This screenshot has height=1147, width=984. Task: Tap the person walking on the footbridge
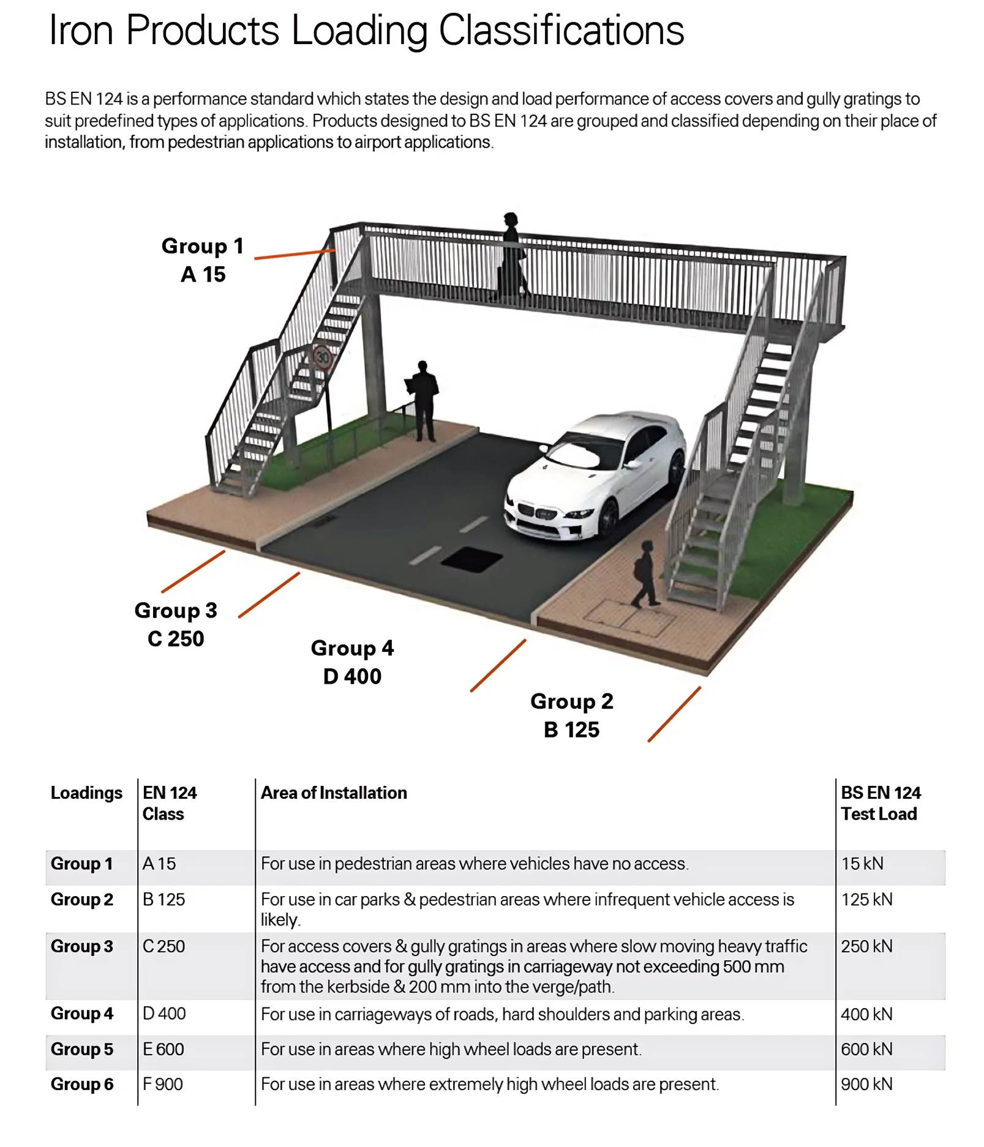(x=511, y=257)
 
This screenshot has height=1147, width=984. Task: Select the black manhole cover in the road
(x=471, y=559)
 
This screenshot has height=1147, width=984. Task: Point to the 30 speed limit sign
(x=322, y=356)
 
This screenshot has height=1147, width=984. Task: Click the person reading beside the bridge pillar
(x=423, y=401)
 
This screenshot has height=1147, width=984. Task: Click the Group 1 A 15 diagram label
(x=203, y=260)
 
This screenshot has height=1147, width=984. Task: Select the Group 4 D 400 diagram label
(x=352, y=662)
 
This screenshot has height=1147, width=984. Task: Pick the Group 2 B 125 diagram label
(x=571, y=715)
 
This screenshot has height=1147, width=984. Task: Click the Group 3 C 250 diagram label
(x=176, y=624)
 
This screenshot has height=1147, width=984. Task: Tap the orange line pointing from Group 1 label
(x=294, y=254)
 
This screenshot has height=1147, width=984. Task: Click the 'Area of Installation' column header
(x=334, y=793)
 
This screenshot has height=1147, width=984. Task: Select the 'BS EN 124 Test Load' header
(x=880, y=803)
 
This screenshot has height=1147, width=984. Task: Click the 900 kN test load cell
(x=866, y=1084)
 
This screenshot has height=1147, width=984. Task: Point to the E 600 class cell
(x=163, y=1049)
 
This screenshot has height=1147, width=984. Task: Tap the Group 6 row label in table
(x=82, y=1084)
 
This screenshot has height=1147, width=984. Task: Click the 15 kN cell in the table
(x=862, y=864)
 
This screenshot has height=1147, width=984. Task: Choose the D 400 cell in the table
(x=164, y=1014)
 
